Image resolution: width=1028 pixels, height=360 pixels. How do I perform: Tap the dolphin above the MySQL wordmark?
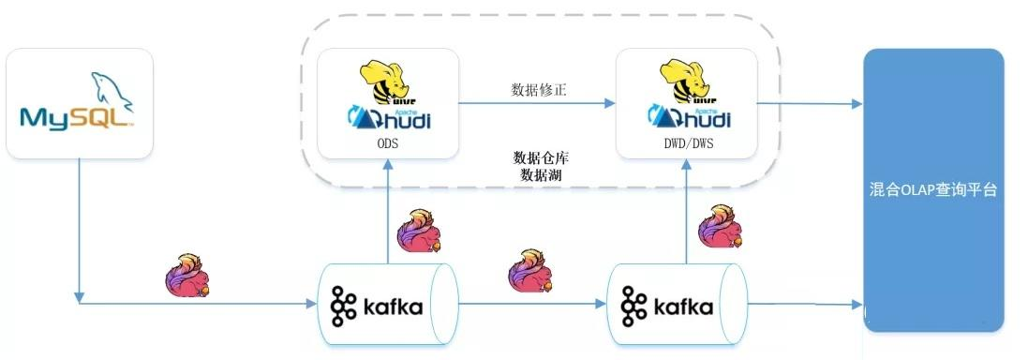click(x=108, y=89)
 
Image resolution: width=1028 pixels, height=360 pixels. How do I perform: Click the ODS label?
click(x=387, y=144)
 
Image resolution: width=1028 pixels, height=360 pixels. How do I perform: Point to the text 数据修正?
click(x=538, y=89)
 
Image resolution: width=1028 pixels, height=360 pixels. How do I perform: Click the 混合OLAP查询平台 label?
click(x=931, y=189)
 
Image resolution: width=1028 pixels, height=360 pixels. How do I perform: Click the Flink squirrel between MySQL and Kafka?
click(x=188, y=275)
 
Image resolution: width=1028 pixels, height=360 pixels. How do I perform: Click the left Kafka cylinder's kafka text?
click(x=391, y=307)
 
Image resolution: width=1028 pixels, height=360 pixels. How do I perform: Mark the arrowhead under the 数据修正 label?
click(x=610, y=103)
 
